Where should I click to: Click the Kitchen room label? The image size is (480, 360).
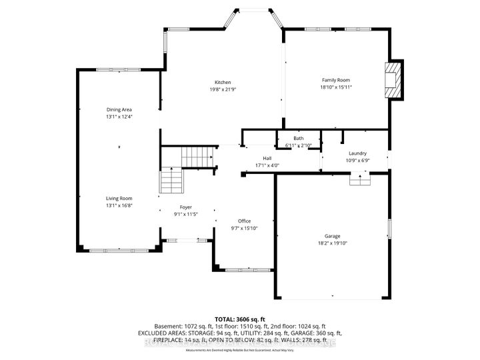point(222,82)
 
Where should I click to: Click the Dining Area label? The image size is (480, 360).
point(119,109)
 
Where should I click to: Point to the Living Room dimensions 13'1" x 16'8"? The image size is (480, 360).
point(119,205)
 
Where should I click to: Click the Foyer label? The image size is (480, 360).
point(186,207)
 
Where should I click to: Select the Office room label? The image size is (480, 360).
point(245,221)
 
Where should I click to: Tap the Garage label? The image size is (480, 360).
point(333,236)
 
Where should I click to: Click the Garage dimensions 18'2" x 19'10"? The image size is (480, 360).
point(333,243)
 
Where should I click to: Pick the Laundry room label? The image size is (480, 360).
point(357,153)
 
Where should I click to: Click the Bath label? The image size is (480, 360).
point(299,138)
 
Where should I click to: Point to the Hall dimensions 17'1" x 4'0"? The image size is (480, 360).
point(267,165)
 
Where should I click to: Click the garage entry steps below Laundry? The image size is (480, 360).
point(360,180)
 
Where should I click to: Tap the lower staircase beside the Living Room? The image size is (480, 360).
point(170,181)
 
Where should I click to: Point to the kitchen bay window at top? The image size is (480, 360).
point(251,9)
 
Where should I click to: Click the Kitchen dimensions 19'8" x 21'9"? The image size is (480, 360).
point(222,89)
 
